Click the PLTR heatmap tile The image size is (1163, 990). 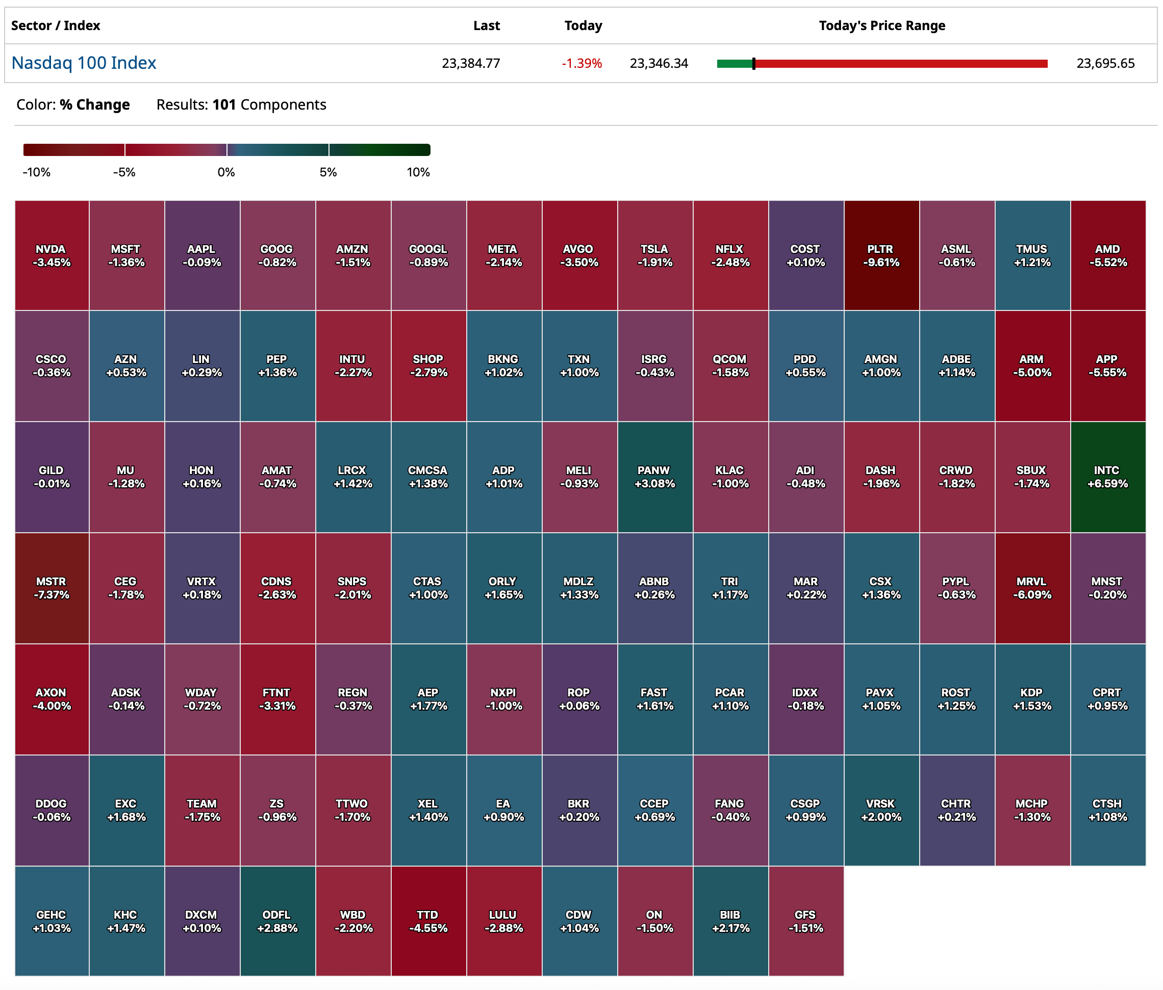click(881, 255)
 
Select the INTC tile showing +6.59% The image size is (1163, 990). click(1107, 477)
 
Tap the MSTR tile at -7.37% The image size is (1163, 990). click(52, 588)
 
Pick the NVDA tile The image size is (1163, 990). click(52, 255)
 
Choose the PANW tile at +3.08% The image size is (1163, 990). click(654, 477)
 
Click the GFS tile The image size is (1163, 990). click(805, 921)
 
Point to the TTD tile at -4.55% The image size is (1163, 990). click(428, 921)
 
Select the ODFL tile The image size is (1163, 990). click(277, 921)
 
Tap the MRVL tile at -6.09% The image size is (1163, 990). click(1032, 588)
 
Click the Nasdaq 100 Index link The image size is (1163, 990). click(84, 63)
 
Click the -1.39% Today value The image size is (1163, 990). click(581, 63)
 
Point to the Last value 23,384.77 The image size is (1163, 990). click(470, 63)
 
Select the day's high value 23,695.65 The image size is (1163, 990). click(1105, 63)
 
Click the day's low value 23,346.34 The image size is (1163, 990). click(659, 63)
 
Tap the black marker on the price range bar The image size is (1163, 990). click(754, 64)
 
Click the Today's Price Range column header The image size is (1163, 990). click(882, 26)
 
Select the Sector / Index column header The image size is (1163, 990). click(56, 26)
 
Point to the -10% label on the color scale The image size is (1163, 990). click(37, 172)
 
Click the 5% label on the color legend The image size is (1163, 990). click(328, 172)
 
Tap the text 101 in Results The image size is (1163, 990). click(224, 105)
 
